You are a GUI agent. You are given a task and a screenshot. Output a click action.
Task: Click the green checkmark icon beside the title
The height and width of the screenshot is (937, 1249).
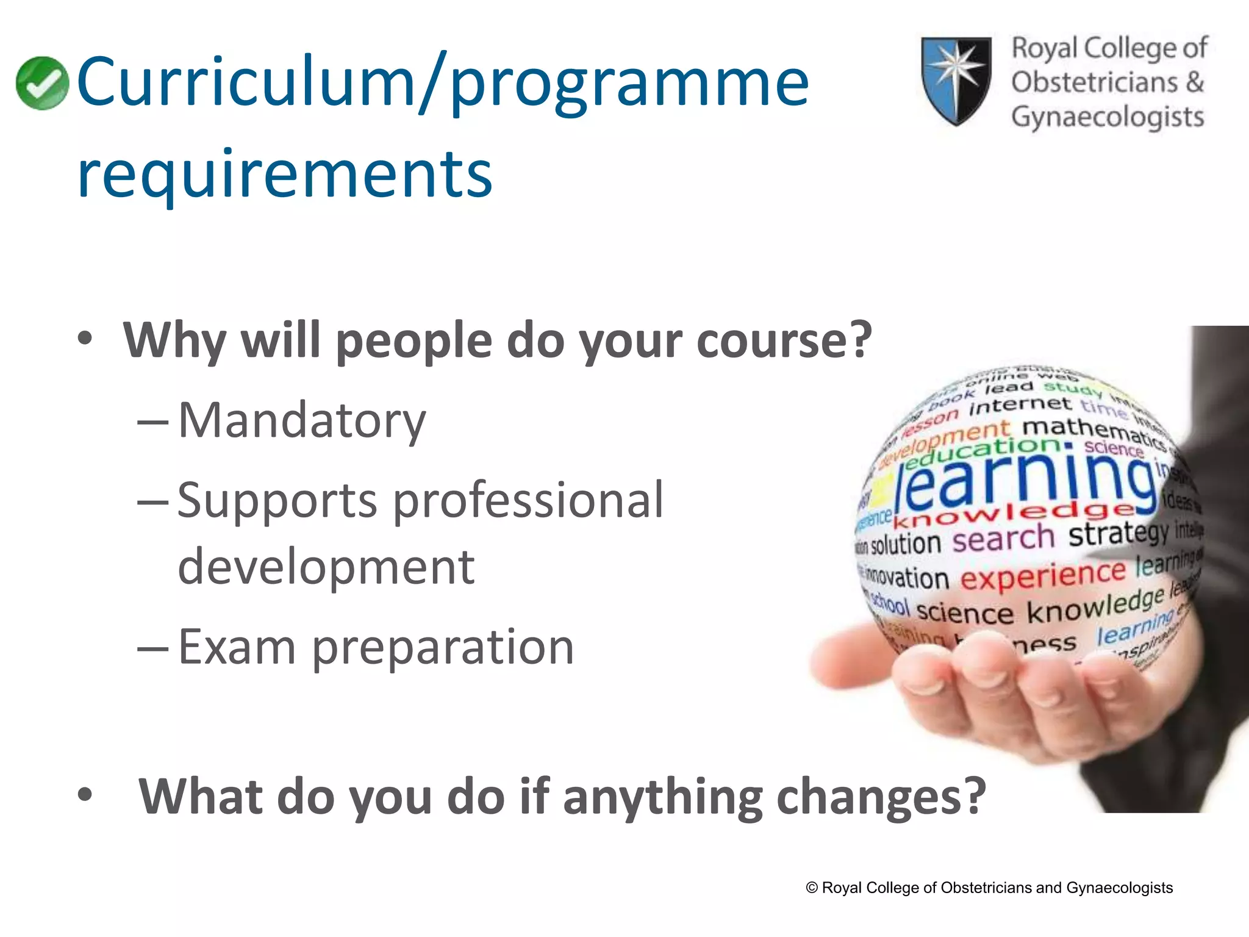click(x=42, y=83)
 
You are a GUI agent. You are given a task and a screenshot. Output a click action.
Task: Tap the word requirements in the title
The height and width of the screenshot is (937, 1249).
click(x=285, y=175)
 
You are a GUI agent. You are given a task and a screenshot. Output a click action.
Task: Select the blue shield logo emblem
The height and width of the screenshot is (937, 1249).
click(x=956, y=81)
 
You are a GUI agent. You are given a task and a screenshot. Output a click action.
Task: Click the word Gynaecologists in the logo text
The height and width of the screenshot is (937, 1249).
click(x=1108, y=117)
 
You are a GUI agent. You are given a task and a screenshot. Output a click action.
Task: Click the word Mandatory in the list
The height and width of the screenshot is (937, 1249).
click(x=302, y=421)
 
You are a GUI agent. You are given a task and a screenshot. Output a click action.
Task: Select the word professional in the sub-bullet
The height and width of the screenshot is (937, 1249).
click(x=528, y=500)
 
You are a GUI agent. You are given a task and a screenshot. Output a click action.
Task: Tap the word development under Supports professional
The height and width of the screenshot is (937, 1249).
click(x=326, y=567)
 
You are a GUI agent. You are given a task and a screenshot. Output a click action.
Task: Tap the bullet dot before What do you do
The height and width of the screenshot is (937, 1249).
click(x=85, y=794)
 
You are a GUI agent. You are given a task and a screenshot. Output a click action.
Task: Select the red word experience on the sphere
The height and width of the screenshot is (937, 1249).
click(x=1043, y=575)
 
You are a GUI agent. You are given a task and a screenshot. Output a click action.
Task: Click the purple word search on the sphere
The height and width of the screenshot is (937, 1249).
click(x=1003, y=539)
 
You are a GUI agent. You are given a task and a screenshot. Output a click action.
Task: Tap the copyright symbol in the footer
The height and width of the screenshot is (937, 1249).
click(x=812, y=888)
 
